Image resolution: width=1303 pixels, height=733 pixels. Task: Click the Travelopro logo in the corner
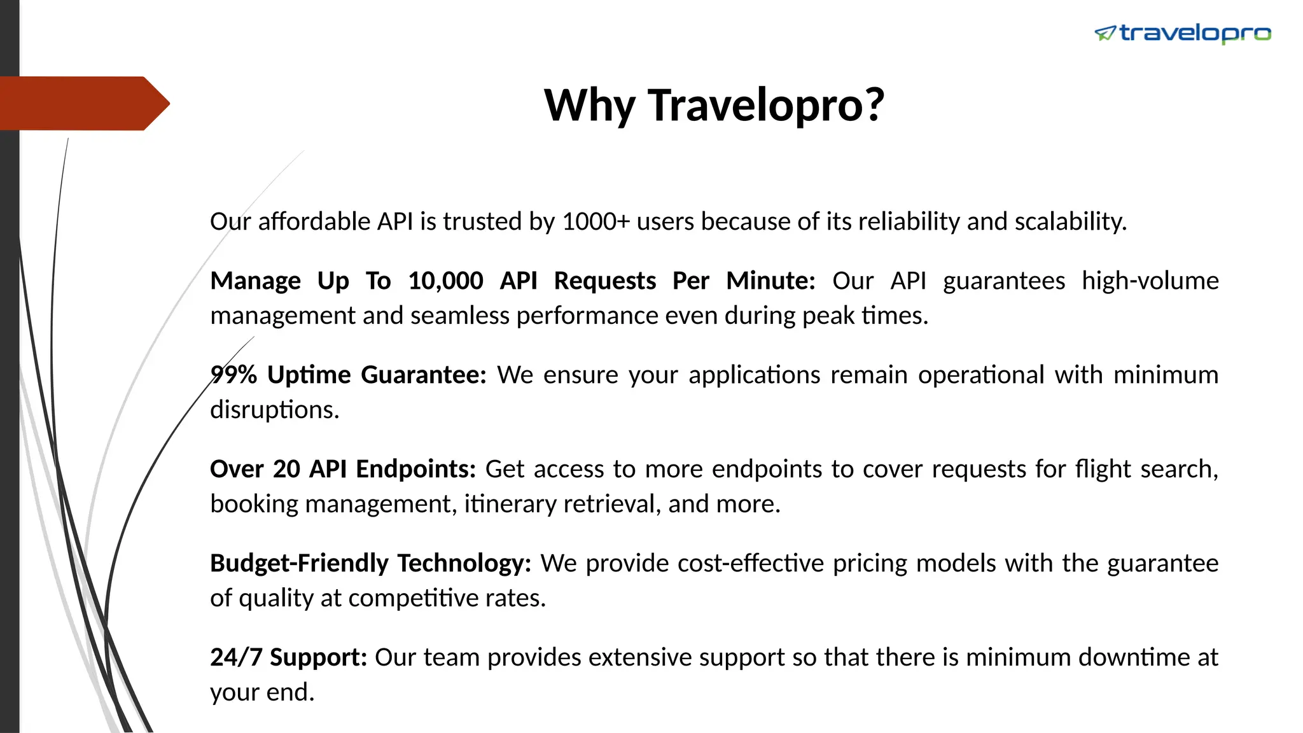(1182, 33)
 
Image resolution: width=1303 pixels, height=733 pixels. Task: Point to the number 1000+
(596, 221)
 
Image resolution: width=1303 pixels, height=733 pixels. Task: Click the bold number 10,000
(445, 281)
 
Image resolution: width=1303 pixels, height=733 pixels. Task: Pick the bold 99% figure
(233, 375)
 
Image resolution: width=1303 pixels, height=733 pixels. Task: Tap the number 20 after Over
(286, 469)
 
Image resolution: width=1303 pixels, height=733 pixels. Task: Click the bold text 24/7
(236, 657)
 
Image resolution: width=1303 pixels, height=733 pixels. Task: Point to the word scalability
(1070, 221)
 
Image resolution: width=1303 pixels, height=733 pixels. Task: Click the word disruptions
(274, 410)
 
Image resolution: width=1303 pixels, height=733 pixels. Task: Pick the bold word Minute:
(770, 281)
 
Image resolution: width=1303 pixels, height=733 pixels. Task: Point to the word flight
(1103, 469)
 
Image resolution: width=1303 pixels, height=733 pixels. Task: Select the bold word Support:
(318, 657)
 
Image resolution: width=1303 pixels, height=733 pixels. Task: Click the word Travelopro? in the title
(766, 105)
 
